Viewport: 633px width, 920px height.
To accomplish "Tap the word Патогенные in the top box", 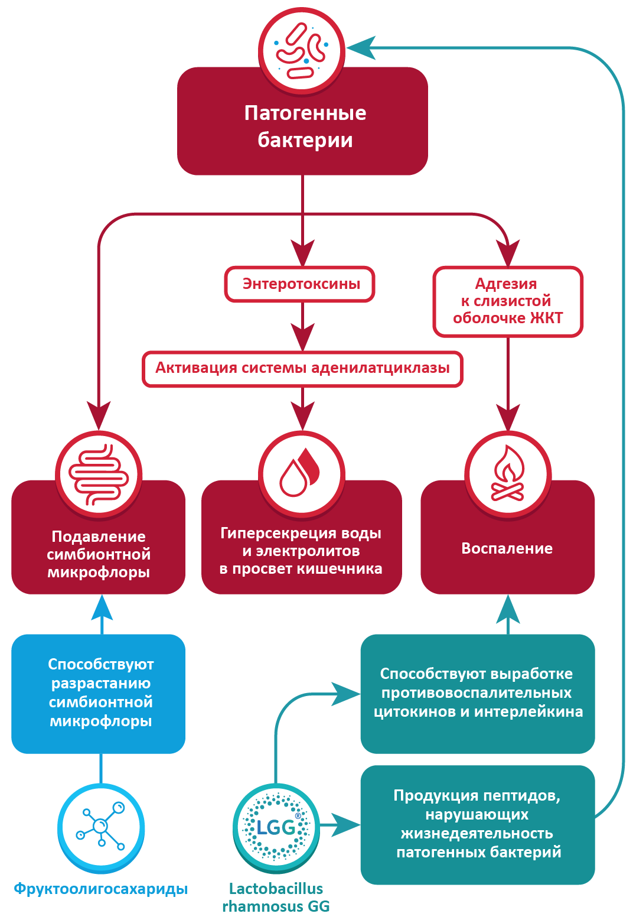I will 305,113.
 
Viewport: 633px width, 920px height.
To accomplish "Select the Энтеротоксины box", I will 301,284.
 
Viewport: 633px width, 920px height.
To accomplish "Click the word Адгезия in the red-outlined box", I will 506,284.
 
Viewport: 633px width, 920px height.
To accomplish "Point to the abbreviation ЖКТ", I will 546,318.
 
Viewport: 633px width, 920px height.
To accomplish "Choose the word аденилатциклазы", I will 380,368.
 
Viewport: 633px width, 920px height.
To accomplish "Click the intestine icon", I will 99,474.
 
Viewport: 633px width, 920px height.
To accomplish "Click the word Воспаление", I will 507,549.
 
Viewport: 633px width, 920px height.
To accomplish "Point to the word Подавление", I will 99,537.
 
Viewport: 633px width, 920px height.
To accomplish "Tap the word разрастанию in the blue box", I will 101,684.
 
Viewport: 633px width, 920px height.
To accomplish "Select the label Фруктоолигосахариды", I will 101,889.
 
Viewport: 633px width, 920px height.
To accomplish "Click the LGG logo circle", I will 276,827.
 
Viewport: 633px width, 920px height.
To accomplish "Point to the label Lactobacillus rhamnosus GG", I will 276,898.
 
